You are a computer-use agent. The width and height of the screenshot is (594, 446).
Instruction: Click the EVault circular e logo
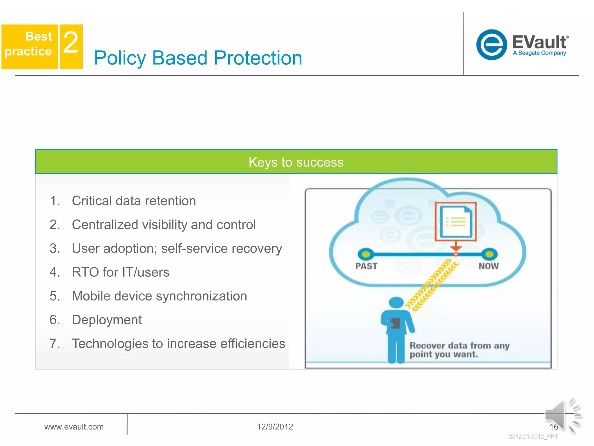coord(491,45)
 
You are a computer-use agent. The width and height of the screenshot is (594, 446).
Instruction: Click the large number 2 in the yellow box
coord(71,43)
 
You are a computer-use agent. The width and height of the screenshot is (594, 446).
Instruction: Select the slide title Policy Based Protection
coord(198,58)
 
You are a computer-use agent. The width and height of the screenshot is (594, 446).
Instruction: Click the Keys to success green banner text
coord(296,162)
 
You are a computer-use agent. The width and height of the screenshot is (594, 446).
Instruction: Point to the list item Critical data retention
coord(134,201)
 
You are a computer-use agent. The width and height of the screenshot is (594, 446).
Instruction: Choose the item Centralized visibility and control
coord(164,225)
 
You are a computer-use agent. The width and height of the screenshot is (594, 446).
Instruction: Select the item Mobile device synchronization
coord(159,296)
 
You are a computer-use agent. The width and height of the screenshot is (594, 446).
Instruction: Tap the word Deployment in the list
coord(107,320)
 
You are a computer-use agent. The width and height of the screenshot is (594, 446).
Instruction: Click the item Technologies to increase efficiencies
coord(178,344)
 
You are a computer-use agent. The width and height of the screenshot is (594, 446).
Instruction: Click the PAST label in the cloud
coord(366,266)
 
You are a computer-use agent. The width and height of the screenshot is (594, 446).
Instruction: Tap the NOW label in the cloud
coord(488,266)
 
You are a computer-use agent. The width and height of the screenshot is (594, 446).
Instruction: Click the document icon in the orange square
coord(456,222)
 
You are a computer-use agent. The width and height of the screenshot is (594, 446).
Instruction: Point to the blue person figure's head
coord(396,302)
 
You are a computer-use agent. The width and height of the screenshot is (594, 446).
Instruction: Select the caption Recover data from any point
coord(459,350)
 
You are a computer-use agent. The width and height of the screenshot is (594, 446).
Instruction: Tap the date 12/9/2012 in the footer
coord(275,427)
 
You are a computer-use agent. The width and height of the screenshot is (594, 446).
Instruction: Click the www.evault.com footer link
coord(74,427)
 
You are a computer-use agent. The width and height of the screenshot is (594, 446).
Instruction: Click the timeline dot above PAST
coord(366,254)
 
